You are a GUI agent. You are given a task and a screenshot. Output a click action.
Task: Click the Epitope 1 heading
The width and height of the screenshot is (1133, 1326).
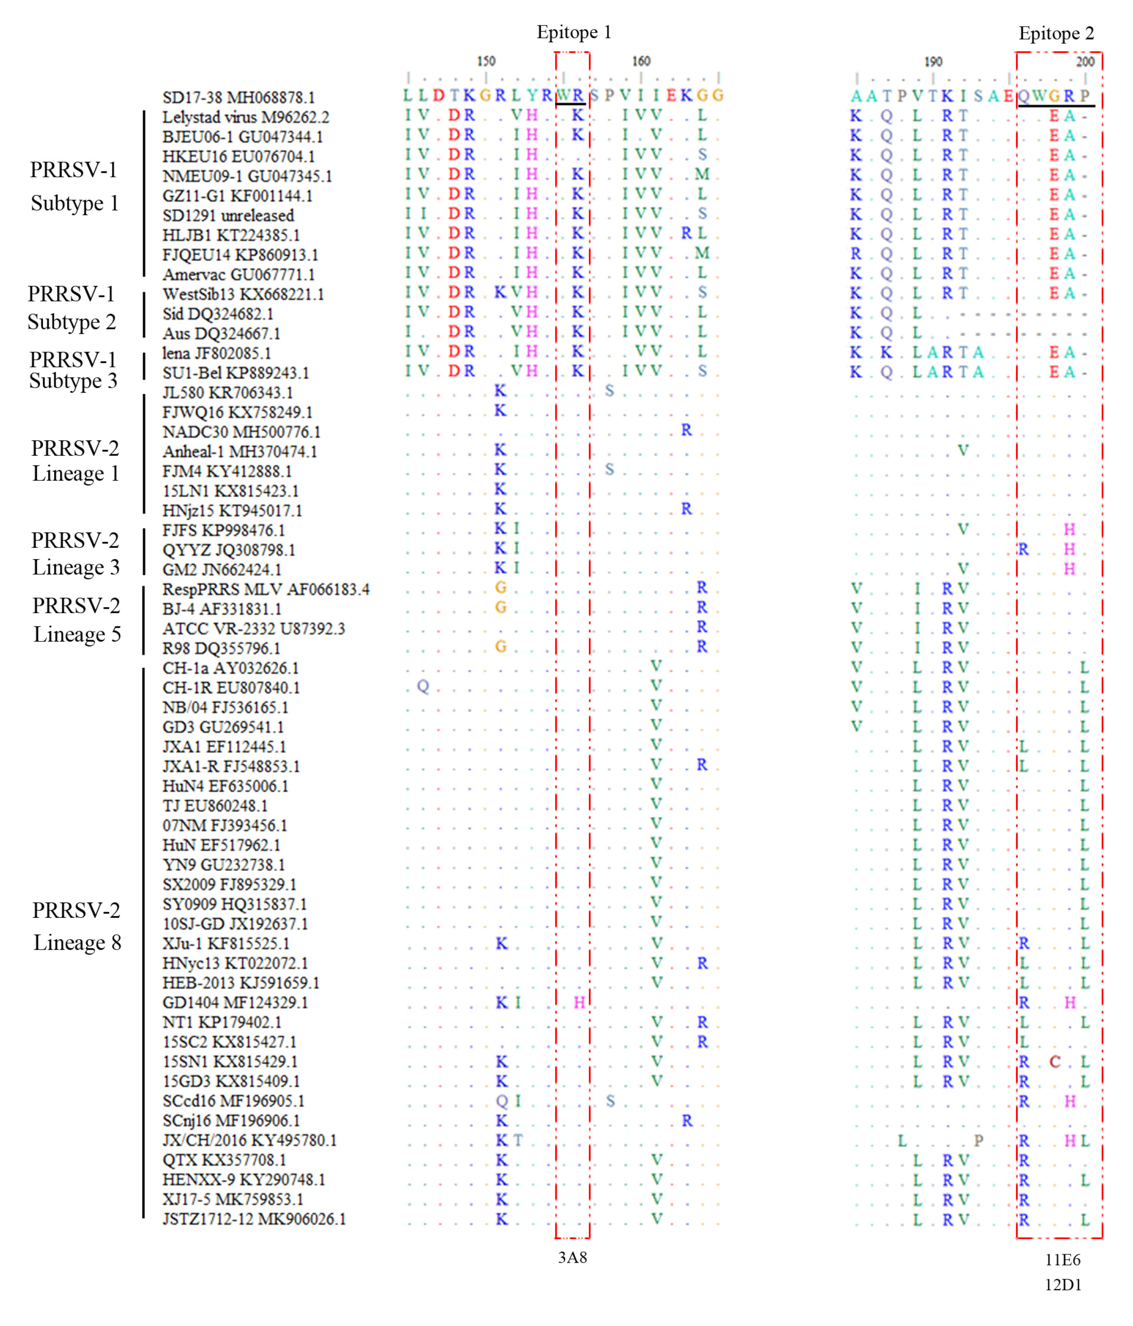(573, 32)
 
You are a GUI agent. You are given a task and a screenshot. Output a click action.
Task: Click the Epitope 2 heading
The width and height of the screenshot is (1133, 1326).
(1056, 33)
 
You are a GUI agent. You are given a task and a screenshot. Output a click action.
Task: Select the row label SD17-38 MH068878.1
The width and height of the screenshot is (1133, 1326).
(238, 97)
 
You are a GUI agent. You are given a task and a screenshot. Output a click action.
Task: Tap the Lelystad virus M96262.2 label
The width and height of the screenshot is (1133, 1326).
(245, 117)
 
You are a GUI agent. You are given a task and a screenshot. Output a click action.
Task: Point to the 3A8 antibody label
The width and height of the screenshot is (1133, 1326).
(572, 1258)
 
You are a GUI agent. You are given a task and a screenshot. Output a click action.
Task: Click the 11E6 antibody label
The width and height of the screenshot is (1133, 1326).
(1063, 1260)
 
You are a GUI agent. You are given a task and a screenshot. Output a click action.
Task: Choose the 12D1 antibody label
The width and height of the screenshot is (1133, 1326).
(1063, 1284)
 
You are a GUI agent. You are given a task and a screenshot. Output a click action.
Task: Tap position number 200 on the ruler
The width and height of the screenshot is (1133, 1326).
(1085, 61)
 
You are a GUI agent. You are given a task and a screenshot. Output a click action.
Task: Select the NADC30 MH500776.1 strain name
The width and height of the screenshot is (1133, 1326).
(241, 432)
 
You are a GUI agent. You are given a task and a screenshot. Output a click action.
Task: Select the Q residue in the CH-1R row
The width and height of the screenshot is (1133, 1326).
(423, 687)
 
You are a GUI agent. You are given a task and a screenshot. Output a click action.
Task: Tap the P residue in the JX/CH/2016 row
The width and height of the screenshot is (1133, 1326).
(978, 1140)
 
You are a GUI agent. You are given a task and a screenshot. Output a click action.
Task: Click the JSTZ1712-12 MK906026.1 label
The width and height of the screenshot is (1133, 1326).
(254, 1219)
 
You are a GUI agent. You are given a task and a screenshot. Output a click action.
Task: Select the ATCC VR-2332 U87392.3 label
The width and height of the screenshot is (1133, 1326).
(254, 629)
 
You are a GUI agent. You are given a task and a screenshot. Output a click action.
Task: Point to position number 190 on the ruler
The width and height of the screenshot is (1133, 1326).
(933, 61)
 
